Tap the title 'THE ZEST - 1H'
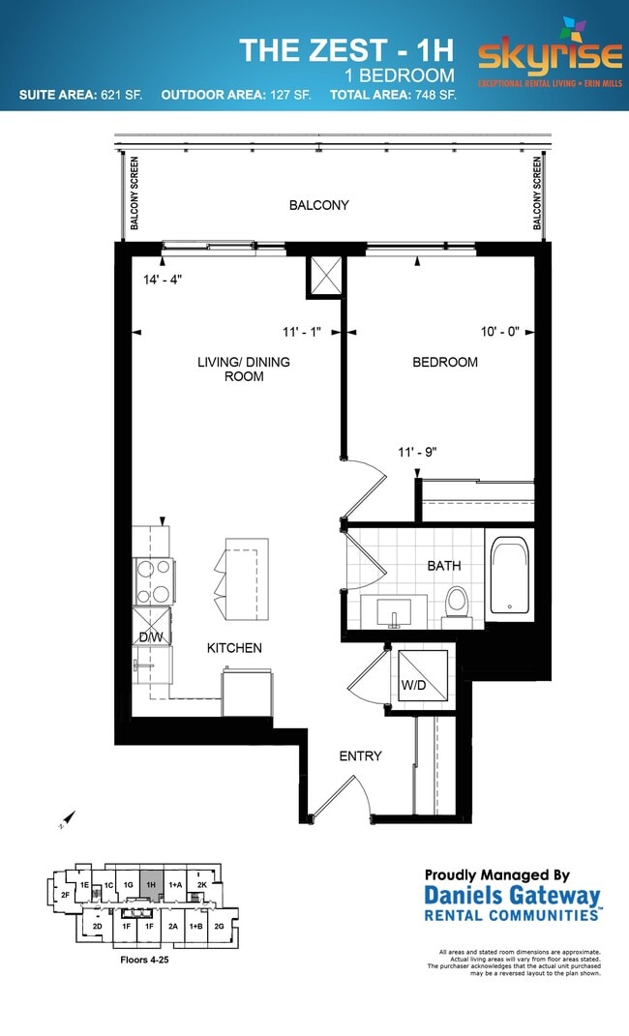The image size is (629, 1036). (346, 49)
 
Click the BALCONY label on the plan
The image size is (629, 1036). (318, 205)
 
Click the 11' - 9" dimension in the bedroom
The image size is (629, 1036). (422, 451)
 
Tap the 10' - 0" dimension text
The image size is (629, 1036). (499, 331)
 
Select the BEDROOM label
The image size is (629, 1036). (445, 362)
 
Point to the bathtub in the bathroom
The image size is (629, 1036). (510, 577)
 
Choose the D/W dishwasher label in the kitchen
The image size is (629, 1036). (150, 636)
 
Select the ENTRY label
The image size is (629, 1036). (359, 755)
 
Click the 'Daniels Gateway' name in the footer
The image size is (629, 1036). (512, 896)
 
